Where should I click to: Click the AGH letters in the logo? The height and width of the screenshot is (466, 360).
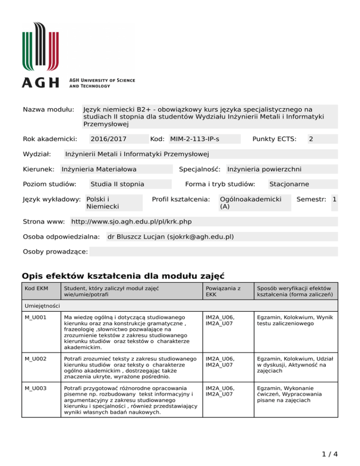(41, 83)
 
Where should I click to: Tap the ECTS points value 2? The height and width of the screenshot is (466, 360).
(311, 139)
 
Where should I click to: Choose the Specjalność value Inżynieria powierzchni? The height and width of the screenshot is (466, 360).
(264, 169)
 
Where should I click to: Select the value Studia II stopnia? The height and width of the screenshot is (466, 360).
(117, 184)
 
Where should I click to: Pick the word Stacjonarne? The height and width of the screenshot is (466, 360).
(289, 184)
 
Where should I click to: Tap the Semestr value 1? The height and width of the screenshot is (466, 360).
(334, 199)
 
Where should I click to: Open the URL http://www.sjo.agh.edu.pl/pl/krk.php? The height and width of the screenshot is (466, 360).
(131, 221)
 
